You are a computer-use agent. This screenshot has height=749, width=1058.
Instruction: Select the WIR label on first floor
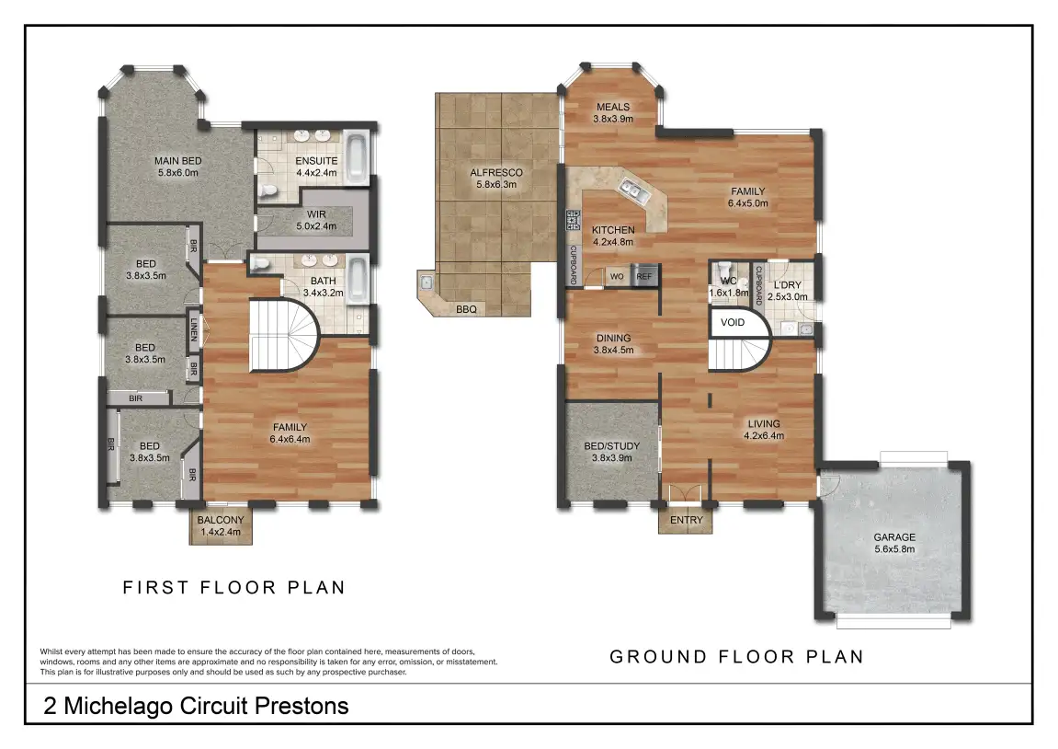pos(316,214)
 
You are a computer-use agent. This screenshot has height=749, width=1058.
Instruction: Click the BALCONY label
pos(221,520)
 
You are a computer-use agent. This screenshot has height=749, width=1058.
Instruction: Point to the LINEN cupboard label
pos(194,329)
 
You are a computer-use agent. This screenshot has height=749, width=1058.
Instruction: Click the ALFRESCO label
pos(496,172)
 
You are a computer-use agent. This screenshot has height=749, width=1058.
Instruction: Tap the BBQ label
pos(466,309)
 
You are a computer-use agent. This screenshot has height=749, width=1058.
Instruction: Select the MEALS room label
pos(613,107)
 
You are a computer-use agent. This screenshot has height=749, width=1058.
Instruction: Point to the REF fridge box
pos(643,275)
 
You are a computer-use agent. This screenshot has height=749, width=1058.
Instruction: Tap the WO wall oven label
pos(617,276)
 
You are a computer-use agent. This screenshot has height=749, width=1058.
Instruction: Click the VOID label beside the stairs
pos(732,322)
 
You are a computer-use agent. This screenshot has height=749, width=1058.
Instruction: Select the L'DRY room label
pos(788,285)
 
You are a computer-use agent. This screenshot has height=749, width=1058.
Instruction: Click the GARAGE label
pos(894,537)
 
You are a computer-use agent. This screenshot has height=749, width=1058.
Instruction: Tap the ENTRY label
pos(687,520)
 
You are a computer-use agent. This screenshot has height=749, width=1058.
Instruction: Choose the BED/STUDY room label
pos(612,445)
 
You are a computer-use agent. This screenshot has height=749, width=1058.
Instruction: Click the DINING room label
pos(613,338)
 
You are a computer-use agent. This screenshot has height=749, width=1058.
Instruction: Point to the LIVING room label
pos(764,423)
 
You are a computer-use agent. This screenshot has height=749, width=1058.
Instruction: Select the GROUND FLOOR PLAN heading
pos(737,656)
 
